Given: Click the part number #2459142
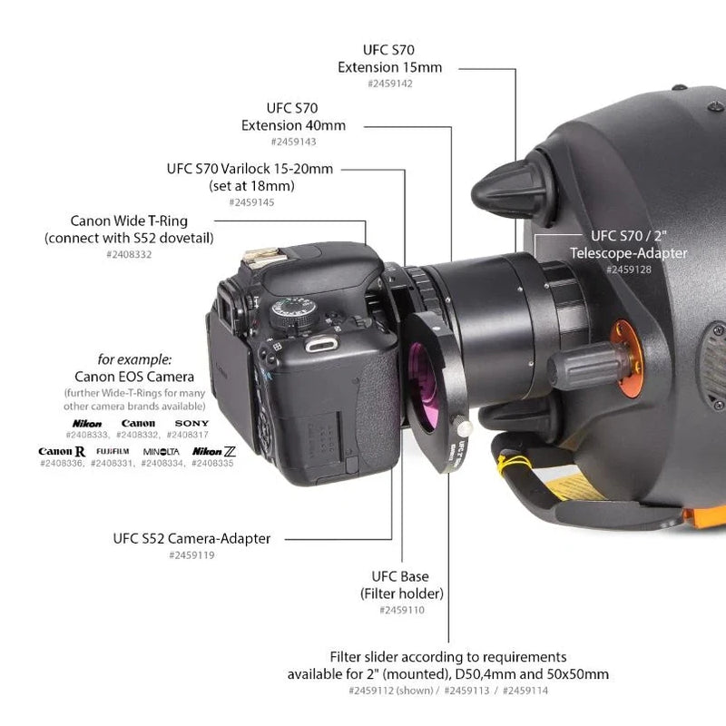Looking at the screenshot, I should [x=390, y=83].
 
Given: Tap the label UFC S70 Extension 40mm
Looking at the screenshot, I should [x=293, y=116].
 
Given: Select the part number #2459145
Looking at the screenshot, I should [x=251, y=202].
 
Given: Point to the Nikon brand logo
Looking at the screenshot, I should [x=87, y=423].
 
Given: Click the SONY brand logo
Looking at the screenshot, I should [x=191, y=423].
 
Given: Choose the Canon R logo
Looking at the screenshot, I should [x=62, y=451].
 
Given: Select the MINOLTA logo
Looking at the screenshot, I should [x=161, y=451].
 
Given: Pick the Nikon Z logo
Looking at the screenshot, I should [x=214, y=451].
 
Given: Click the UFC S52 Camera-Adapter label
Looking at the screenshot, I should [x=191, y=538].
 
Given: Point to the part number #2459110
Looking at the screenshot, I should [x=402, y=610].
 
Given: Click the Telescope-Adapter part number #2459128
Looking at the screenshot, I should [x=628, y=270].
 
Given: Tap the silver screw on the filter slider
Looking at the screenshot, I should [x=465, y=425].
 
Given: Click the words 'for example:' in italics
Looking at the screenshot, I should [x=134, y=358].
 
